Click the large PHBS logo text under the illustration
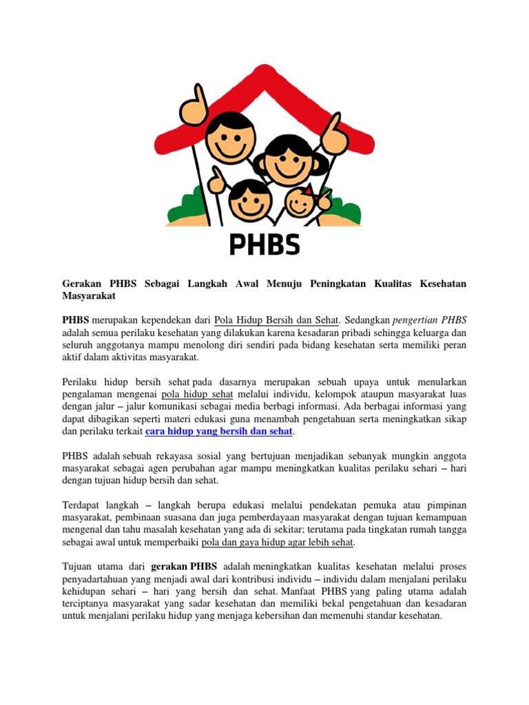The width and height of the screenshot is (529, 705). click(264, 245)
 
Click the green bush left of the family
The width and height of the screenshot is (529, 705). click(177, 206)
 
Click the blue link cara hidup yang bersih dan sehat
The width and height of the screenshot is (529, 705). click(219, 431)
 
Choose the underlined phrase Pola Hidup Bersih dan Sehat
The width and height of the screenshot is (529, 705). click(276, 319)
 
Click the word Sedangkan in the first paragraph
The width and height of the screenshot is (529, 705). click(365, 319)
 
